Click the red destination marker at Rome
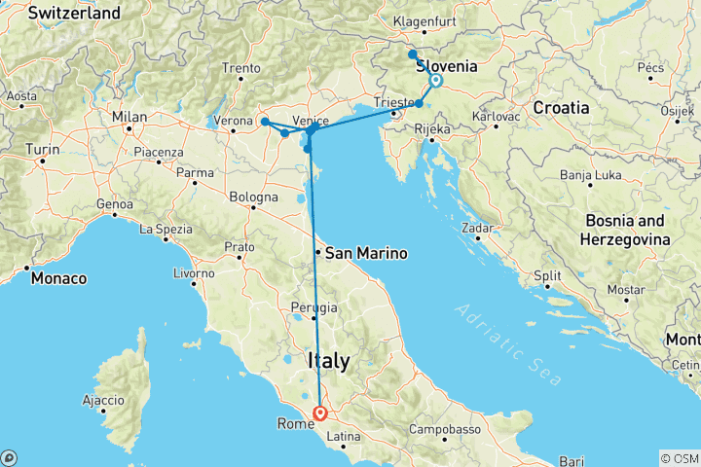pos(319,413)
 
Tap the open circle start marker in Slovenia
pos(435,82)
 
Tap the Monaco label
pos(57,278)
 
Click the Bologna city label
pos(253,197)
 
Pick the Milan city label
pos(129,118)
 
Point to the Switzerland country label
pos(75,14)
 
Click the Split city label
pos(546,275)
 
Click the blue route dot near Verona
pos(265,122)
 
